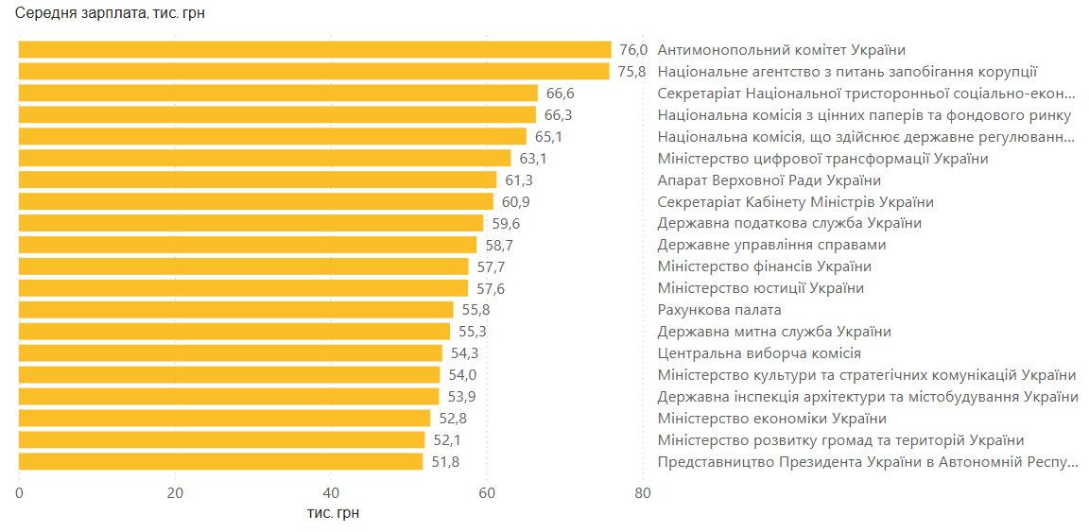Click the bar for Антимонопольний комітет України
click(315, 50)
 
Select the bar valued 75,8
click(314, 71)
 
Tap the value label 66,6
click(561, 93)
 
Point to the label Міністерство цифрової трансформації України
click(822, 159)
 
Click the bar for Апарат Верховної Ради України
click(257, 180)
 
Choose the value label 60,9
click(516, 202)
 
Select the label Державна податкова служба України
click(789, 223)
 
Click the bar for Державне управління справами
click(248, 245)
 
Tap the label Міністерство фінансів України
click(764, 266)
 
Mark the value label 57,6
click(491, 288)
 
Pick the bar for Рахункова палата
click(236, 310)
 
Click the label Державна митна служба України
click(774, 332)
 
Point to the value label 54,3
click(465, 353)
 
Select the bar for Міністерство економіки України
click(224, 419)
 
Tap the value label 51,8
click(445, 462)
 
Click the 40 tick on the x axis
click(331, 492)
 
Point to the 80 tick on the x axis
click(643, 492)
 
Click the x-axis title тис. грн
click(332, 513)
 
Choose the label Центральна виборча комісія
click(759, 353)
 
